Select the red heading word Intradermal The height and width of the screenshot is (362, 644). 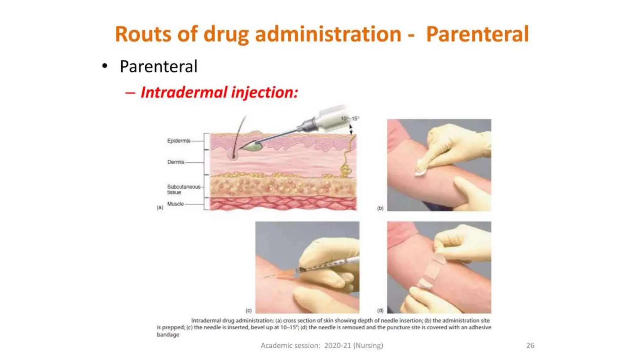point(184,92)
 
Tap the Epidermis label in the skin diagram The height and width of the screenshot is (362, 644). point(179,141)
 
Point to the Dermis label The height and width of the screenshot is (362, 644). point(175,162)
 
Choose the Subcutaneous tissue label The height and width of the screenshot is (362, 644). point(183,189)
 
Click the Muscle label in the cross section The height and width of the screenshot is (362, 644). point(175,204)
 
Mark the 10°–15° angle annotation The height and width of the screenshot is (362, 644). point(350,118)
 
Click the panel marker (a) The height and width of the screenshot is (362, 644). point(160,207)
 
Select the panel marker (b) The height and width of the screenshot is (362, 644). point(380,208)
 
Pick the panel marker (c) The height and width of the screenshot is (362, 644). point(248,310)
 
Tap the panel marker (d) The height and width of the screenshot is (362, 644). point(380,310)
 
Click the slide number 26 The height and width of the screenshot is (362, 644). point(530,345)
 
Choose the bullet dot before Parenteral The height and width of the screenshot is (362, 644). point(105,66)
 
